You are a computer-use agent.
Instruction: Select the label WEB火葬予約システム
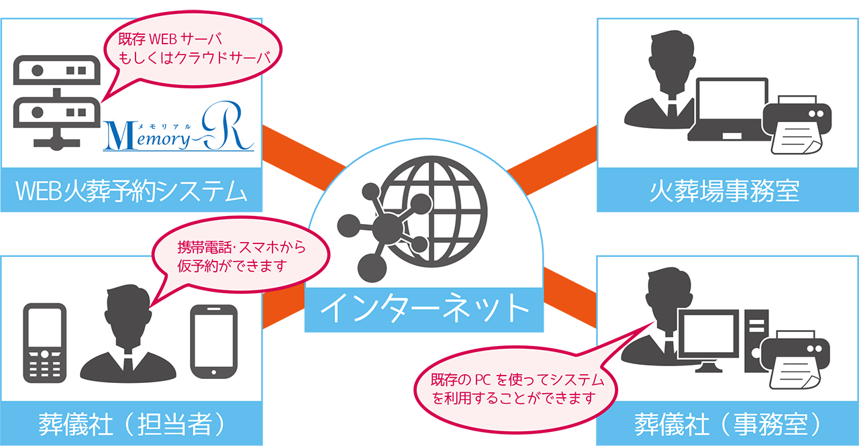tap(131, 191)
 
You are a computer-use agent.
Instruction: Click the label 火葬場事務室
tap(727, 191)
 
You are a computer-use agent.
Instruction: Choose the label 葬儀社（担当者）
tap(131, 424)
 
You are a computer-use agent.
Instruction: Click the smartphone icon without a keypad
tap(214, 342)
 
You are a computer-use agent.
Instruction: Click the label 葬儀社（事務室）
tap(727, 424)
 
